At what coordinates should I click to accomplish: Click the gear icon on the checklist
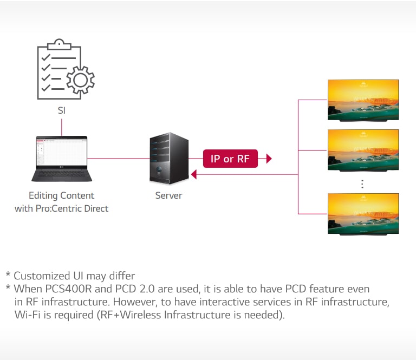[80, 80]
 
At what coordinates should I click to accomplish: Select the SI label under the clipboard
[62, 110]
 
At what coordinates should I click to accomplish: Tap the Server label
[168, 195]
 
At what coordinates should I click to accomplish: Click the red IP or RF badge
[230, 159]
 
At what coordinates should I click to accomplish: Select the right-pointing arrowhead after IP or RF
[268, 159]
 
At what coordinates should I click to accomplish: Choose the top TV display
[363, 100]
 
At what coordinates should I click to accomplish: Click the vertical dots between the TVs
[362, 184]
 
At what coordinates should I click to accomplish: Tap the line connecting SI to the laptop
[62, 127]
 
